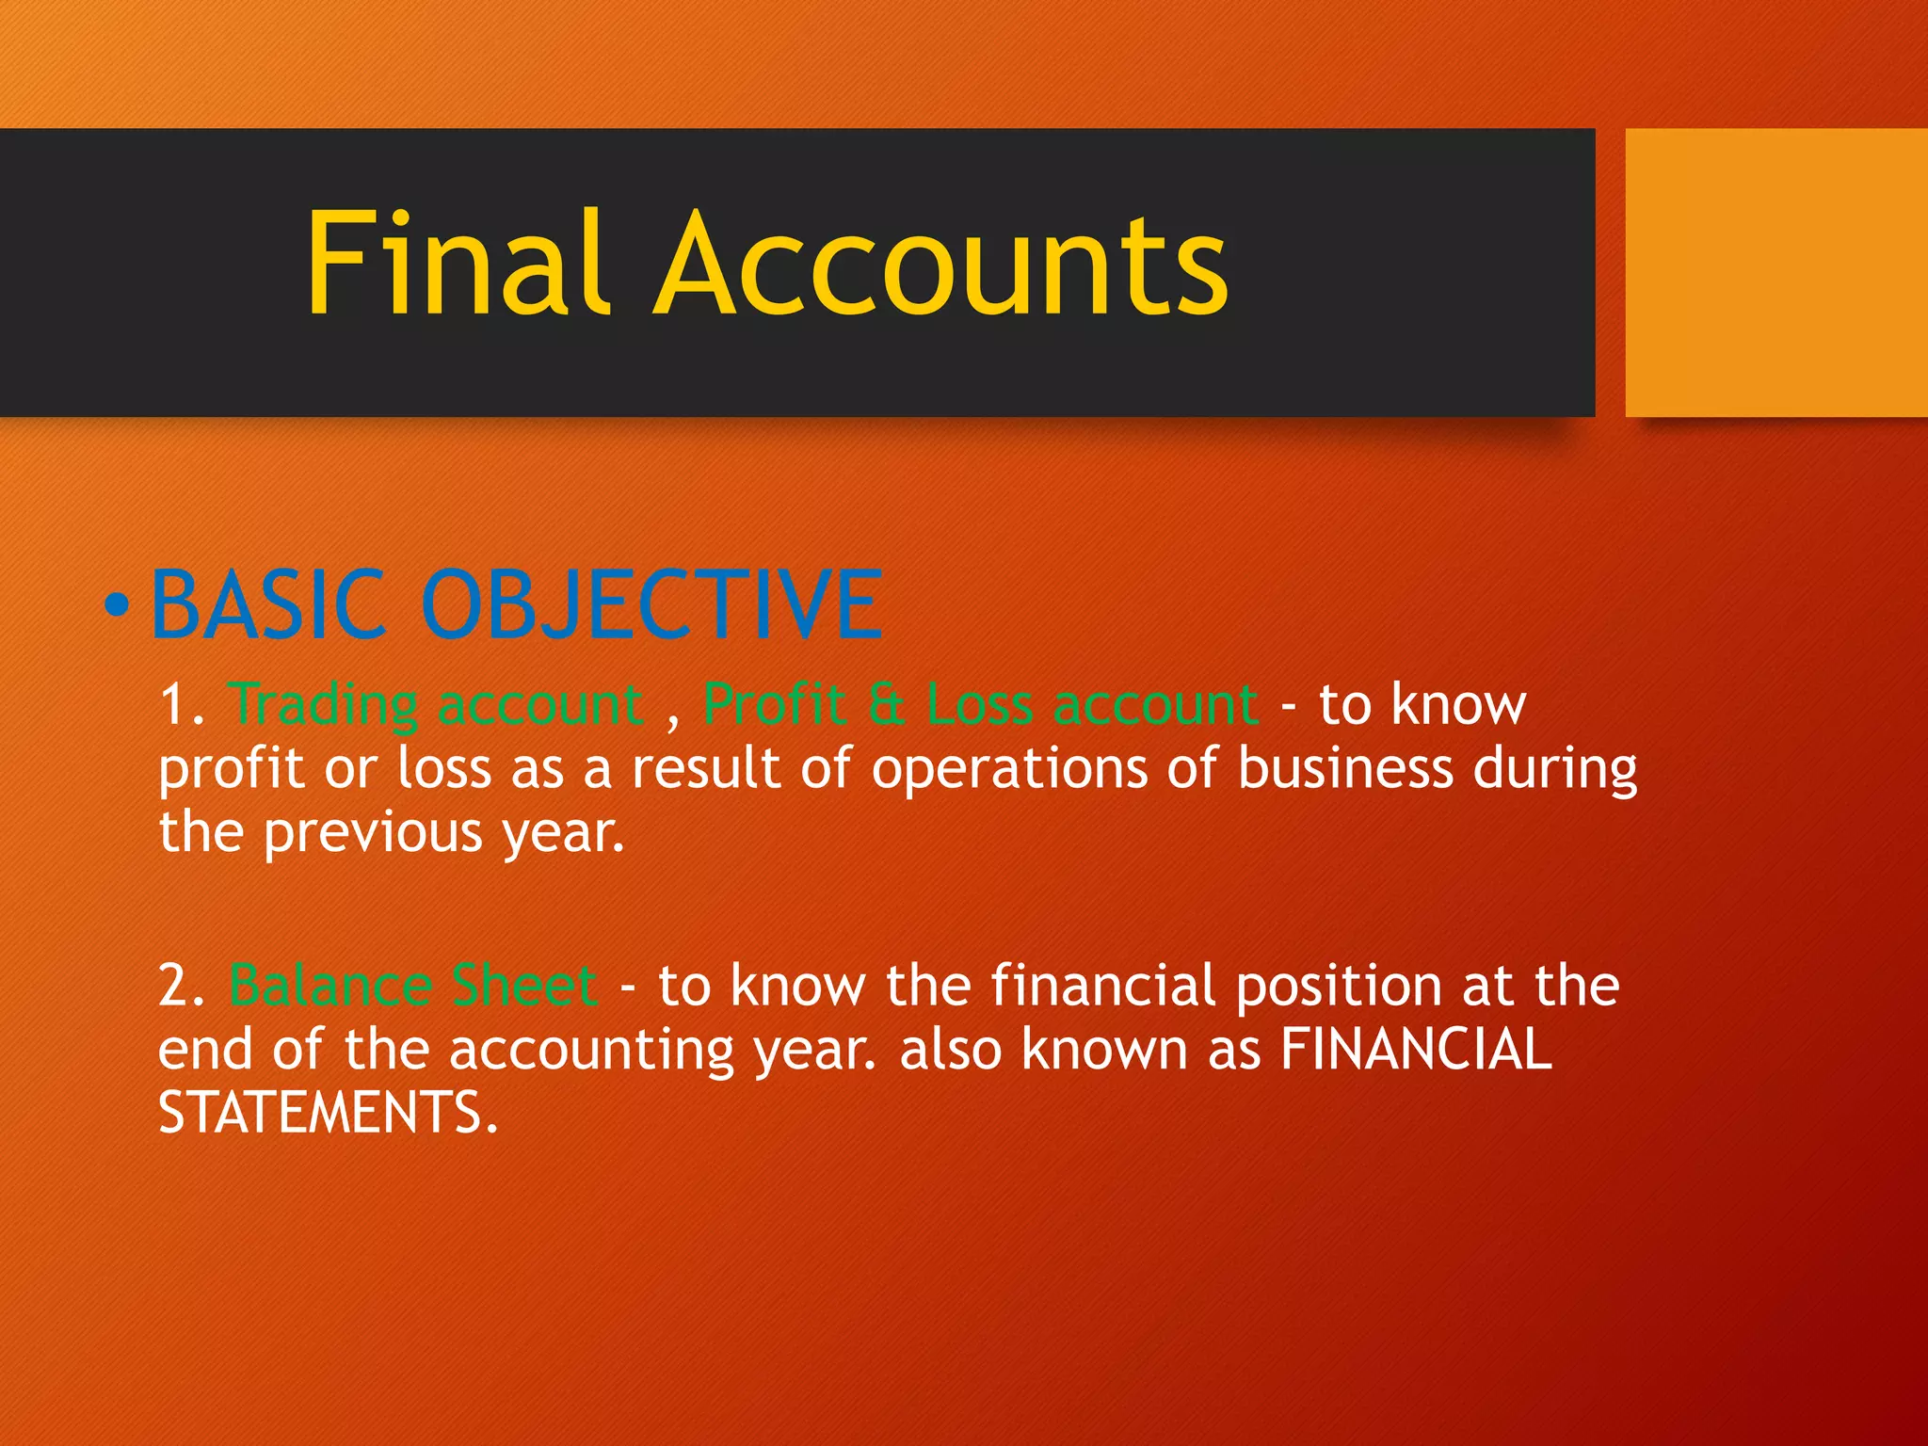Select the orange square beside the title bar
pyautogui.click(x=1775, y=272)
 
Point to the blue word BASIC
pyautogui.click(x=268, y=604)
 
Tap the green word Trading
pyautogui.click(x=324, y=706)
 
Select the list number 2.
pyautogui.click(x=179, y=986)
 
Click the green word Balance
pyautogui.click(x=330, y=986)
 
